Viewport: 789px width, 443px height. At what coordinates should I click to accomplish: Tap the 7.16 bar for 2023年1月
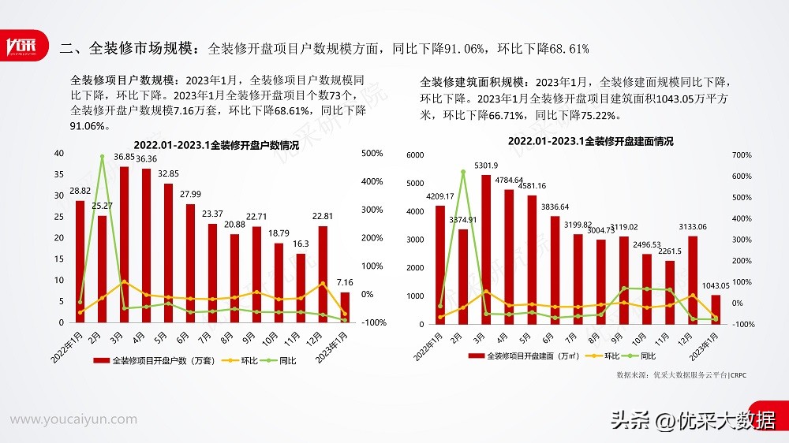[345, 307]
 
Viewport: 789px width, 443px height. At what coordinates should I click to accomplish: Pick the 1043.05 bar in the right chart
[716, 309]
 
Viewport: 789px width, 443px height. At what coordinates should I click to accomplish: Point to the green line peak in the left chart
[103, 156]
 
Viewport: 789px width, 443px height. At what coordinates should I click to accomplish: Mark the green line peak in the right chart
[463, 172]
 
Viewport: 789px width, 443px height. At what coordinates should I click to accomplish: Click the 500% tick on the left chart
[372, 153]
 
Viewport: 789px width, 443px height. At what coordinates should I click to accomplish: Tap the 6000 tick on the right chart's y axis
[414, 155]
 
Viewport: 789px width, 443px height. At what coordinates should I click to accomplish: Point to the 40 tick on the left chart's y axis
[60, 153]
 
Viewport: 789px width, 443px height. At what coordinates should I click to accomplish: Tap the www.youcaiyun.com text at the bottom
[73, 419]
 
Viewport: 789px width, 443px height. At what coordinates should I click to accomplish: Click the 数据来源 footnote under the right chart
[681, 375]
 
